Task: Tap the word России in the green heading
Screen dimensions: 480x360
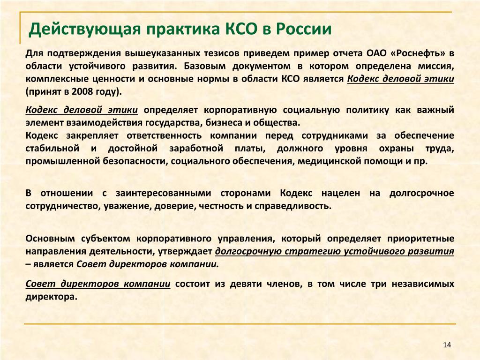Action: coord(304,29)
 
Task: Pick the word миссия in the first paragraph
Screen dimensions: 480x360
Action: coord(435,67)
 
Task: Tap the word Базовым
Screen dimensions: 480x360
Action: coord(205,66)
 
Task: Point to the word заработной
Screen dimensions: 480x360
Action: coord(196,149)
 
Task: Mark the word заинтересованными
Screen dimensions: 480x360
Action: coord(163,194)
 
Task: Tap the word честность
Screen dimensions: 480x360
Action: coord(221,206)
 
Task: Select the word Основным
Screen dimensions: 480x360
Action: coord(50,239)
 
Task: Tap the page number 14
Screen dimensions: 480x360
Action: coord(447,345)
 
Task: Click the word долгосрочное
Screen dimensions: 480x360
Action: coord(421,194)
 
